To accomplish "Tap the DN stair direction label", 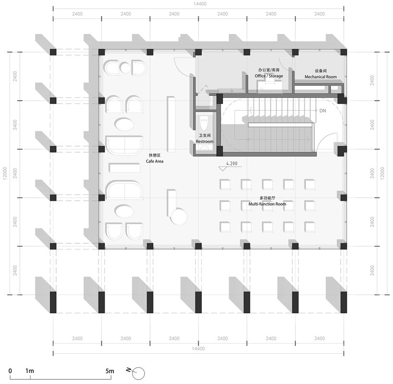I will pyautogui.click(x=323, y=111).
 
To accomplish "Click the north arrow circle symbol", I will pyautogui.click(x=139, y=372).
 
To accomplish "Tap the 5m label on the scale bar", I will pyautogui.click(x=110, y=371).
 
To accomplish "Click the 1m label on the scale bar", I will pyautogui.click(x=30, y=371).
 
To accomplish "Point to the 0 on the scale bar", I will pyautogui.click(x=10, y=371).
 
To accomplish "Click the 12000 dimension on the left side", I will pyautogui.click(x=5, y=172).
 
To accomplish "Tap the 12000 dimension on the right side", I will pyautogui.click(x=382, y=172).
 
